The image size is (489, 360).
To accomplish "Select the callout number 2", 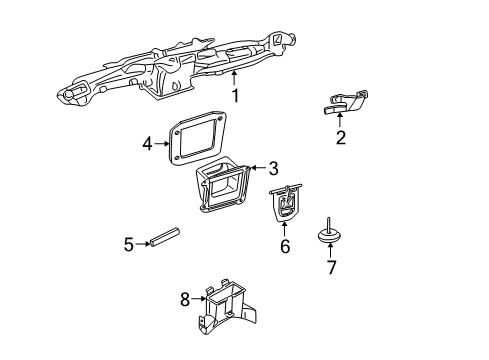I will pos(341,137).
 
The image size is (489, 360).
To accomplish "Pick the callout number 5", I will pos(128,243).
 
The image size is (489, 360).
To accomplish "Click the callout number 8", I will pos(184,298).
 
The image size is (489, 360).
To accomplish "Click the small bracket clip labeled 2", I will pos(345,102).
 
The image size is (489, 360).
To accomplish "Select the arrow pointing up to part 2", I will pos(341,120).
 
